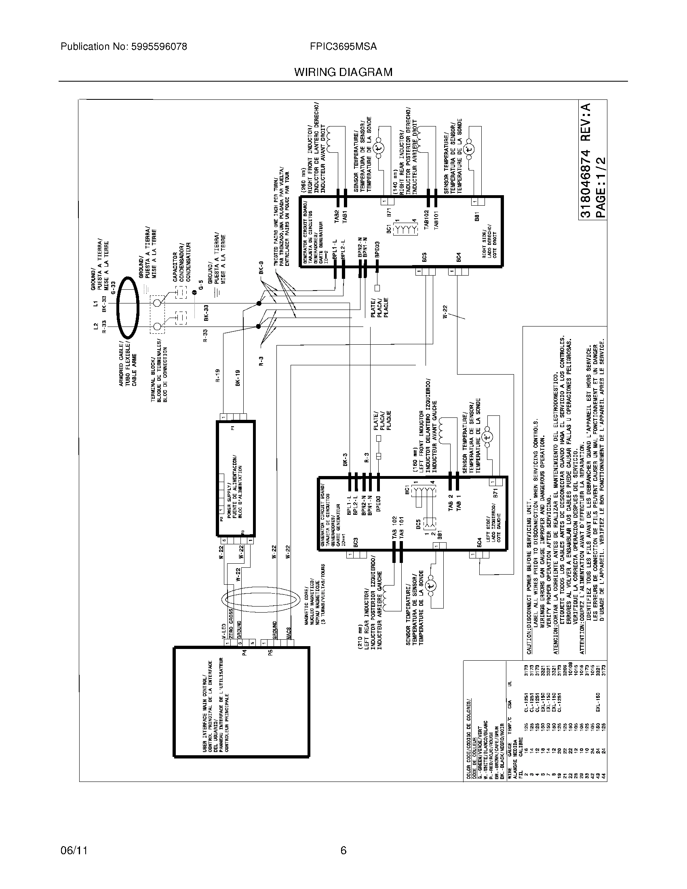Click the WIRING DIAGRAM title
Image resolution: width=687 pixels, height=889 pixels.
[x=343, y=72]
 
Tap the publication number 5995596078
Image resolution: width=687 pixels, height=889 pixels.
[x=159, y=47]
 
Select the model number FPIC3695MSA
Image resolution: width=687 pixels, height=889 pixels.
[x=343, y=47]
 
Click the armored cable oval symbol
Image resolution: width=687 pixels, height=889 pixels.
[x=128, y=308]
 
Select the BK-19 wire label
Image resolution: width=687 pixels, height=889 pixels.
[x=238, y=377]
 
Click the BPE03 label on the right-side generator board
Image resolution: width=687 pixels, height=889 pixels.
[x=377, y=249]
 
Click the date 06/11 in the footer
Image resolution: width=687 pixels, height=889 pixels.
[x=74, y=850]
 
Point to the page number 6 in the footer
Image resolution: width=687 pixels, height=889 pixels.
[x=343, y=850]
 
